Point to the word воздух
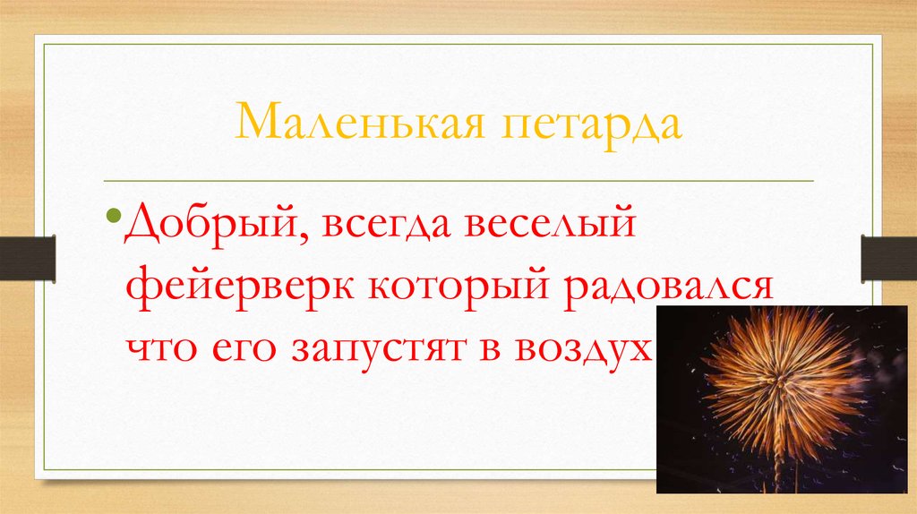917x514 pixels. tap(610, 349)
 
